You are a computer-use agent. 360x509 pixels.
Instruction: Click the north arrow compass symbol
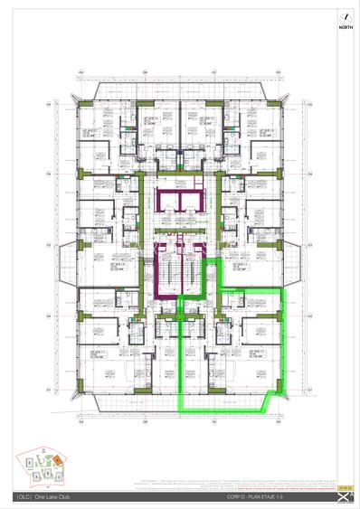coord(343,15)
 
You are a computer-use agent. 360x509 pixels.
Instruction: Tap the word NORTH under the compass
coord(343,26)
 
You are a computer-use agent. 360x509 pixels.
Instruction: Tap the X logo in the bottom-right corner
coord(341,498)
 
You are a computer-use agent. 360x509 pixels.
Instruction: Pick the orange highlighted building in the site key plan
coord(54,460)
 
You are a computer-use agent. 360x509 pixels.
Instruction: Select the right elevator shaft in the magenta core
coord(192,201)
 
